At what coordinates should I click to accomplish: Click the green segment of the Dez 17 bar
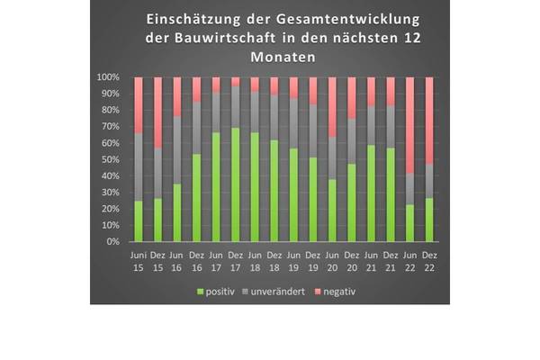tap(236, 184)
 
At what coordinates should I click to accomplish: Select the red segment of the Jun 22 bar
tap(410, 125)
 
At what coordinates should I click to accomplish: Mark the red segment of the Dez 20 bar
tap(352, 98)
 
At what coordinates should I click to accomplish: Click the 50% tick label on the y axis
tap(111, 159)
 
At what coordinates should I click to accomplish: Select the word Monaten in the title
tap(270, 57)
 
